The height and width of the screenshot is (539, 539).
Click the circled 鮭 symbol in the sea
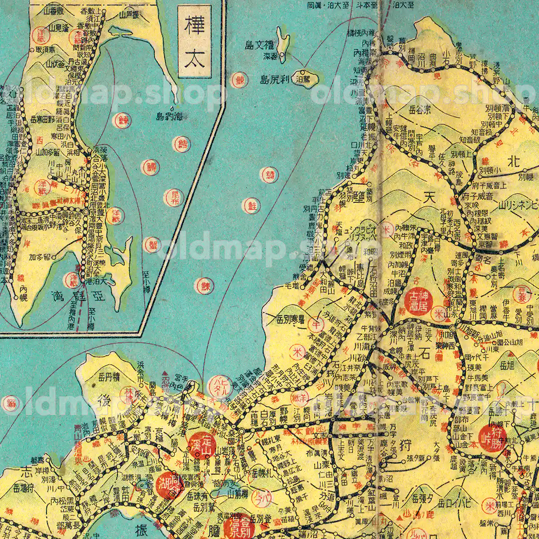pos(252,206)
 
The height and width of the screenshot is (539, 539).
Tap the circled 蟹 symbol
pos(152,245)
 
